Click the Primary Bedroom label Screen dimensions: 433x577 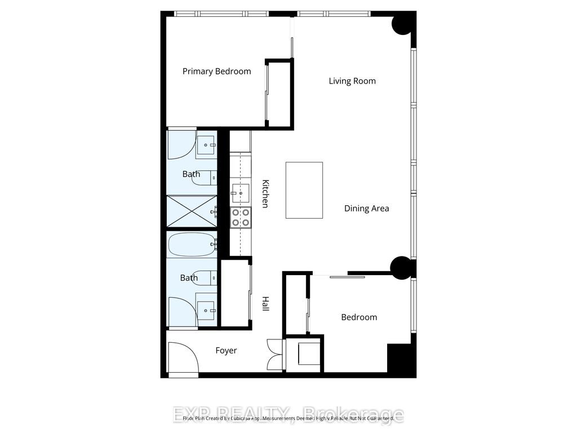216,72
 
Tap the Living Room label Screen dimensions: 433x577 352,81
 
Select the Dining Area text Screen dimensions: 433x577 366,209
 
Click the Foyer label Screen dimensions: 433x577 226,351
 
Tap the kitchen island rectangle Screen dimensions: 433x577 304,190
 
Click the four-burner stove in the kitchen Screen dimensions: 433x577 241,217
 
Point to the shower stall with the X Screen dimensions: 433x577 192,211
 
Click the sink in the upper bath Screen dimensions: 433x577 206,145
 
